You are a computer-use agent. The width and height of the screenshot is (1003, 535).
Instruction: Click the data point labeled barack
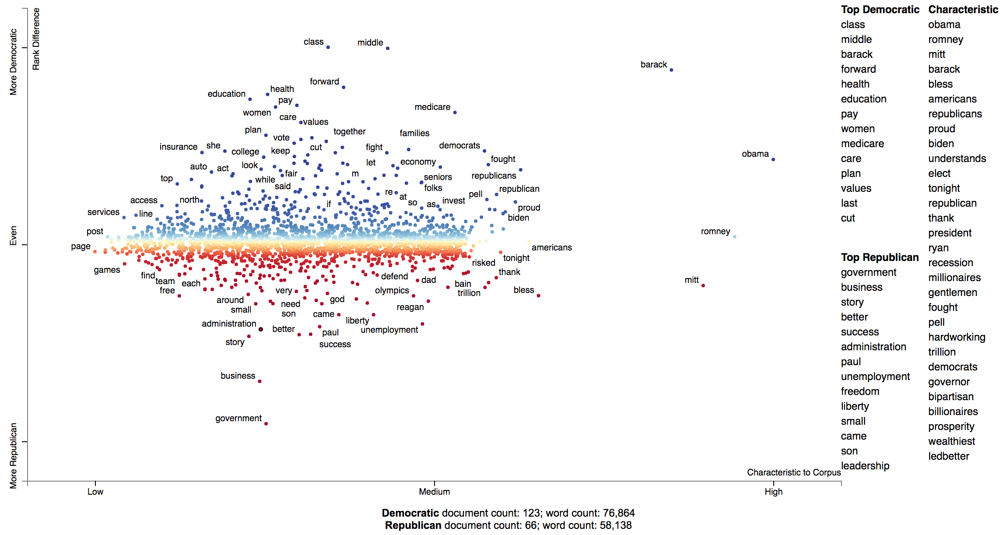[671, 70]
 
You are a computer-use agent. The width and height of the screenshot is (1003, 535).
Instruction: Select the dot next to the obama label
[773, 159]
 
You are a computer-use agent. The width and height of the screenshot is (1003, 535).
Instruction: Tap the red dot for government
[266, 423]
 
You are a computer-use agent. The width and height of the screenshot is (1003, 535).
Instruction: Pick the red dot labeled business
[260, 381]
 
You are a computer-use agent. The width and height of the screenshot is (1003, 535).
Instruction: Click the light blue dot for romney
[734, 237]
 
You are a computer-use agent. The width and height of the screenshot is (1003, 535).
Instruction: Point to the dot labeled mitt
[703, 285]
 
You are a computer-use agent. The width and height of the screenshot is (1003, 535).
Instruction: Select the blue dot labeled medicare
[455, 113]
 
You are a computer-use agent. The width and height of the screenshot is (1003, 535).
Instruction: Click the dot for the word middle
[388, 48]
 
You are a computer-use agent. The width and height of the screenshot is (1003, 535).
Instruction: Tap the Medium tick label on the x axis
[434, 492]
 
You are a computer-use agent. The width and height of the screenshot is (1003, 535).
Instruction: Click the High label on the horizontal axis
[773, 492]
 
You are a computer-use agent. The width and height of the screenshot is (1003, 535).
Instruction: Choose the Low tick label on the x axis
[95, 492]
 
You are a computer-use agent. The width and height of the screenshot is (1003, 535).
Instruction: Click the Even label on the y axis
[13, 236]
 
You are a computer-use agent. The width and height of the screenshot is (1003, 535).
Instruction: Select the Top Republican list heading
[879, 257]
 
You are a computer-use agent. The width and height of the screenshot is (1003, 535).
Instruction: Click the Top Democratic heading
[880, 10]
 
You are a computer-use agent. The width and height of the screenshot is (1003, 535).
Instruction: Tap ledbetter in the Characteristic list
[948, 456]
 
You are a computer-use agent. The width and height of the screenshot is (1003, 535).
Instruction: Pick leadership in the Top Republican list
[865, 466]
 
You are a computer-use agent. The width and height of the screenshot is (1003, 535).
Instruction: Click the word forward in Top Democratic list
[858, 69]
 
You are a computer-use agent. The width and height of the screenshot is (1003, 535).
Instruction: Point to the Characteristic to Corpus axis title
[793, 472]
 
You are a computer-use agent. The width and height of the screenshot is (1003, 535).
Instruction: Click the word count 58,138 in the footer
[615, 525]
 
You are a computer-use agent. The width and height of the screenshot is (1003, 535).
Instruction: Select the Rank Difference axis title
[36, 39]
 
